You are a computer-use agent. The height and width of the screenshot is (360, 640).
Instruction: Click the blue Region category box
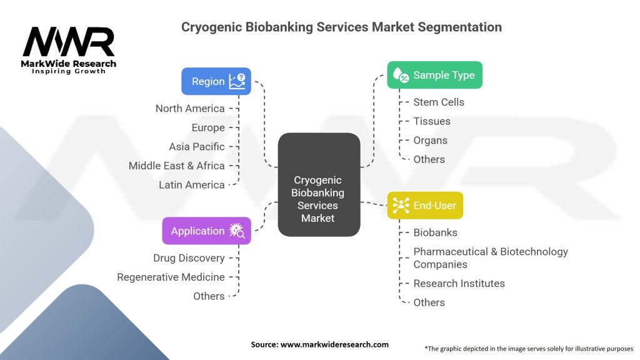tap(216, 81)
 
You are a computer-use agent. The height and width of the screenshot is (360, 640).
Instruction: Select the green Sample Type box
tap(435, 75)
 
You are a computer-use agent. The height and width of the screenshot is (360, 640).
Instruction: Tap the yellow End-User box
tap(425, 205)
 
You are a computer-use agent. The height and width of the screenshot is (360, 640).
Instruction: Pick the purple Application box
tap(206, 231)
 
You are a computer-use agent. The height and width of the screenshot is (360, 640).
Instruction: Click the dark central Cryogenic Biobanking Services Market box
tap(319, 184)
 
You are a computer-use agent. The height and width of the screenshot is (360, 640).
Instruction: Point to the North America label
tap(190, 109)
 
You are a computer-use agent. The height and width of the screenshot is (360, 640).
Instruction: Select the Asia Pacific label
tap(197, 146)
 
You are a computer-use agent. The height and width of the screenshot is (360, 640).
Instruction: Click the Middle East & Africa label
tap(176, 166)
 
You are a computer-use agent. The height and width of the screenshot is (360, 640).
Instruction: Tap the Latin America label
tap(191, 185)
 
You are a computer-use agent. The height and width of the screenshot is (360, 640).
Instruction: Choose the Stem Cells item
tap(439, 102)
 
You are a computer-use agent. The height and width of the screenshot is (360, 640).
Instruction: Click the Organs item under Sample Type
tap(430, 141)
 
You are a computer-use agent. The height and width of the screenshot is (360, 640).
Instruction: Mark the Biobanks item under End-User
tap(435, 232)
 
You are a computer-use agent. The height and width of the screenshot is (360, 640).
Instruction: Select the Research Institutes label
tap(459, 283)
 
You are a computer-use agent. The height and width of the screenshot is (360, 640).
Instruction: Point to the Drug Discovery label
tap(189, 258)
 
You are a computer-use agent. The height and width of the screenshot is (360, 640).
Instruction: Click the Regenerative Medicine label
tap(171, 277)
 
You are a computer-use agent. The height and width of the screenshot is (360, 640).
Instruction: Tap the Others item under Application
tap(209, 296)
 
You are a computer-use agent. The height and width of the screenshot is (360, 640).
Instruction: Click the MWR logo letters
tap(69, 42)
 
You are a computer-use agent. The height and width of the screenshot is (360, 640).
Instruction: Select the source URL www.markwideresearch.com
tap(334, 344)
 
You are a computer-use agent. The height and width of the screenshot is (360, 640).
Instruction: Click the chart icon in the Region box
tap(237, 81)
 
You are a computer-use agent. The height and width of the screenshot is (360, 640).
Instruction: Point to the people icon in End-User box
tap(401, 205)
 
